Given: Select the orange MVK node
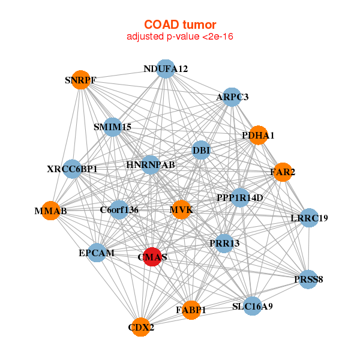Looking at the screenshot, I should click(x=181, y=210).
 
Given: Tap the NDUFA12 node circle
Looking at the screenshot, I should click(x=166, y=69).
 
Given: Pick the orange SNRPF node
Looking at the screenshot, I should click(x=80, y=80).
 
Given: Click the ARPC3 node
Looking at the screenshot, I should click(x=232, y=97).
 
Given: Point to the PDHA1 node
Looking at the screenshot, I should click(x=258, y=135).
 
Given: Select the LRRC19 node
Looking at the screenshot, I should click(x=309, y=218).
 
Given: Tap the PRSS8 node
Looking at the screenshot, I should click(x=308, y=279).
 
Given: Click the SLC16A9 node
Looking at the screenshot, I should click(x=253, y=307).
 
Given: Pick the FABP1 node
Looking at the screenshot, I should click(x=191, y=310).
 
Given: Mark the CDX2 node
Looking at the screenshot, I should click(x=141, y=327).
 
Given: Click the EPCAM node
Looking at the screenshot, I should click(x=97, y=253).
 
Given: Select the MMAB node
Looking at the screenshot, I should click(x=50, y=211).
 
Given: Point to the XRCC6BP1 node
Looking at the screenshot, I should click(x=72, y=169).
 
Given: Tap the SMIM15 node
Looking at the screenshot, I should click(x=112, y=127).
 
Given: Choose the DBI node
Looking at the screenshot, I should click(x=201, y=150).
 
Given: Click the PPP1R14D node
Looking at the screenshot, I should click(x=240, y=197).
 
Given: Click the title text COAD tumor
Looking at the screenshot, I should click(x=180, y=25).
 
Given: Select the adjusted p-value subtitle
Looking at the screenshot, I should click(x=180, y=37).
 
